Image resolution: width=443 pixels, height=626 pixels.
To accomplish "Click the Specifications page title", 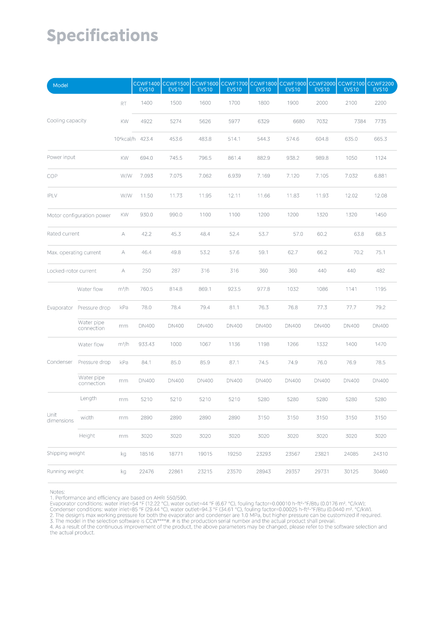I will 102,36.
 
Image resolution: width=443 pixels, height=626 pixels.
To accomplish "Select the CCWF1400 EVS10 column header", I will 146,87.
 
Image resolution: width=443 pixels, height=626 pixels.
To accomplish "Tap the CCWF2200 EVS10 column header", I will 380,87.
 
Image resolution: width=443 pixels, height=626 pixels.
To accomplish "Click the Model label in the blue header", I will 60,86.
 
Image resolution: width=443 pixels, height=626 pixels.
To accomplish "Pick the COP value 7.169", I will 263,176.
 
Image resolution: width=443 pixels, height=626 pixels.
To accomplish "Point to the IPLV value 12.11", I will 234,196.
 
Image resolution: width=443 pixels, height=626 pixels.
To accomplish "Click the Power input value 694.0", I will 146,158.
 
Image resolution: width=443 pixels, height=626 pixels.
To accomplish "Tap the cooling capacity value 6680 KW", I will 299,121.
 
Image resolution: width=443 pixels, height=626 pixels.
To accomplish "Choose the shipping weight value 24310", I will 380,454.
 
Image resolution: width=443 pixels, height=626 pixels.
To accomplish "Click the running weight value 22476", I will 146,472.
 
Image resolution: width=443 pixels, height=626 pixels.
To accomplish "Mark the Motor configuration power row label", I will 79,216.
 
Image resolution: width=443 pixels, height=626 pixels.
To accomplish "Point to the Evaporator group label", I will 60,308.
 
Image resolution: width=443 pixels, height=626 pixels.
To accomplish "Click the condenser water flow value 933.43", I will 146,344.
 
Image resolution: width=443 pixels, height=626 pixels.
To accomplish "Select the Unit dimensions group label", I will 60,418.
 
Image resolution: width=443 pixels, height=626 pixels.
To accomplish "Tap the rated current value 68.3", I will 380,234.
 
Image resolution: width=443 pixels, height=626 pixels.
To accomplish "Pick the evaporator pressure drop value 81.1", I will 234,308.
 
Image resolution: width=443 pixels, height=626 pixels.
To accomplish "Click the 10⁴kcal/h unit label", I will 125,139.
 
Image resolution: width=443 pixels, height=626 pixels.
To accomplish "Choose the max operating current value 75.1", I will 380,253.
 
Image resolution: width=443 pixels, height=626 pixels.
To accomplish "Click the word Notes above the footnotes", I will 57,492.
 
